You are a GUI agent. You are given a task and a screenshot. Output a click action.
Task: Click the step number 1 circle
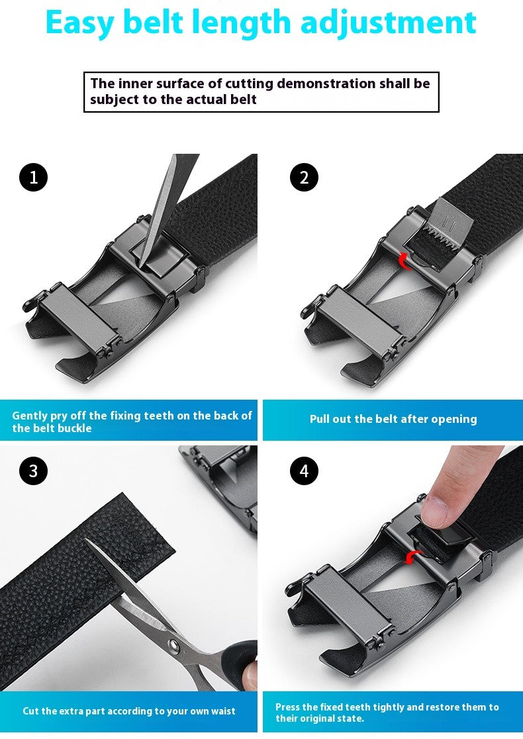[x=33, y=177]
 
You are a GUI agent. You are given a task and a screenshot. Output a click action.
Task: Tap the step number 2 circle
[x=304, y=177]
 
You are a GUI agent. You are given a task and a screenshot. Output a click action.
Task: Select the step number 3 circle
[x=33, y=471]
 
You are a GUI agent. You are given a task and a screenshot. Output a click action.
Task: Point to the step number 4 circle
[x=304, y=471]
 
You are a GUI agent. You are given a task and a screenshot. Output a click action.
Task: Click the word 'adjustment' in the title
[x=388, y=23]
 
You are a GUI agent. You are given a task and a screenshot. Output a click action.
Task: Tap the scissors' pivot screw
[x=173, y=644]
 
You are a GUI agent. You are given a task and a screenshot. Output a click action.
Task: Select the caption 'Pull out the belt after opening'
[x=393, y=419]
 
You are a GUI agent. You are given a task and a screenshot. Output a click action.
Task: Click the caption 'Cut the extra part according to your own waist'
[x=129, y=711]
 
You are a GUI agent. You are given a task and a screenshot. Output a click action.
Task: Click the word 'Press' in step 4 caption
[x=288, y=707]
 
